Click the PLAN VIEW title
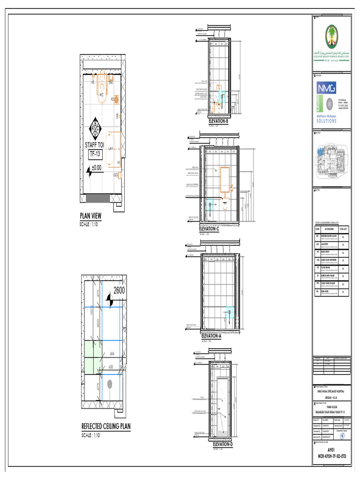tap(90, 216)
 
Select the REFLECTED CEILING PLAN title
tap(106, 427)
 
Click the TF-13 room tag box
tap(96, 154)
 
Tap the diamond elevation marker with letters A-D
tap(95, 125)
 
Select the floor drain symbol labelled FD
tap(117, 99)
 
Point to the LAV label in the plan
tap(111, 148)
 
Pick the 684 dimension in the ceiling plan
tap(112, 353)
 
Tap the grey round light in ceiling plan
tap(110, 384)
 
